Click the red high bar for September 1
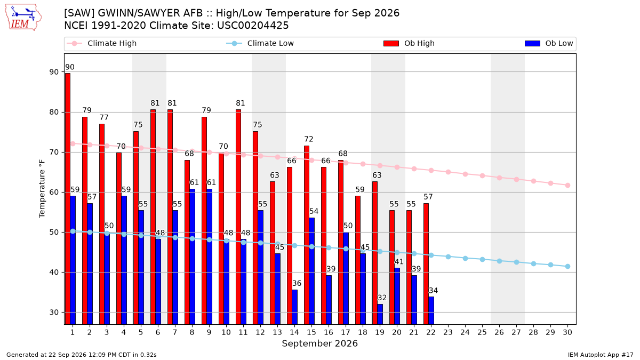click(x=68, y=199)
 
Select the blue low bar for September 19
click(x=380, y=314)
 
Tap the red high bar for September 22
click(x=426, y=263)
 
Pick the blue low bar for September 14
click(x=294, y=307)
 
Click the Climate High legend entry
click(x=102, y=43)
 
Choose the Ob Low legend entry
click(x=549, y=43)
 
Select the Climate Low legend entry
click(x=260, y=43)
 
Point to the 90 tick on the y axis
click(x=54, y=72)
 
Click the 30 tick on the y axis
click(x=54, y=313)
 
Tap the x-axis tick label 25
click(x=482, y=332)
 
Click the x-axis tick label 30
click(x=567, y=332)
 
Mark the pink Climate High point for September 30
click(x=567, y=186)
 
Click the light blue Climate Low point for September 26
click(x=499, y=261)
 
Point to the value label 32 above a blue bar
click(x=382, y=298)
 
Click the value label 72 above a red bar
click(x=309, y=139)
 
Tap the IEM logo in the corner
click(x=23, y=17)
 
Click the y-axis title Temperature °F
click(x=42, y=189)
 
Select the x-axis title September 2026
click(x=319, y=343)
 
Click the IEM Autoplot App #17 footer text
click(x=601, y=355)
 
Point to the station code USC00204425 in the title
click(x=253, y=26)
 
